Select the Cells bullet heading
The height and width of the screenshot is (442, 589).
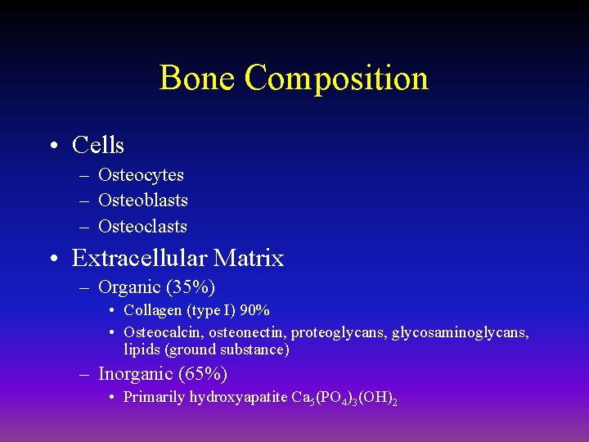98,146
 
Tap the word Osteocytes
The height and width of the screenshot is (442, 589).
141,174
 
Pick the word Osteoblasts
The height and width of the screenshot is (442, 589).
143,201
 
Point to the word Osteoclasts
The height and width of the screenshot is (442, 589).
142,227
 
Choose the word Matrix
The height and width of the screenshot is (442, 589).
249,259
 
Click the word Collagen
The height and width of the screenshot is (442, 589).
153,311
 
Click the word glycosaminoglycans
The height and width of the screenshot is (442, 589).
460,332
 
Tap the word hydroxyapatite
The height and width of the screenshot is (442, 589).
238,398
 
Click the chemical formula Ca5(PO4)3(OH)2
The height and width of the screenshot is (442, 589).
344,399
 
